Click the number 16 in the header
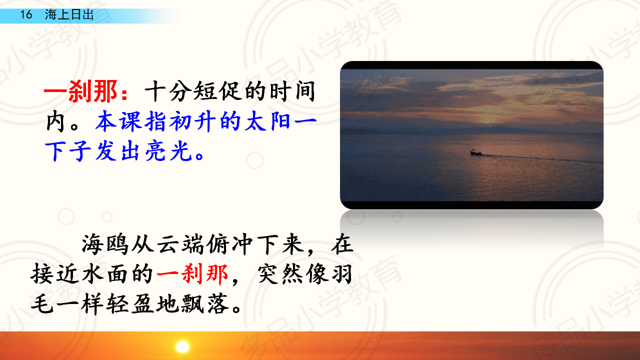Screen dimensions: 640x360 tap(26, 14)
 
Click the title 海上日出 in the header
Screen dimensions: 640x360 tap(69, 14)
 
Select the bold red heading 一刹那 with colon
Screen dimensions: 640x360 tap(86, 91)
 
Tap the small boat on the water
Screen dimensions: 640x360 tap(476, 152)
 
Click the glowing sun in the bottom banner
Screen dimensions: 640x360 tap(182, 346)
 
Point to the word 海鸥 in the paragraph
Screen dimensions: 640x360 tap(105, 244)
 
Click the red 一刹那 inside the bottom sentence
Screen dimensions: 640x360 tap(192, 274)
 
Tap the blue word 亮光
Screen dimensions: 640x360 tap(168, 151)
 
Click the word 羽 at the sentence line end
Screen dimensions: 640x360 tap(341, 274)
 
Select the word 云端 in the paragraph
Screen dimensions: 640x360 tap(179, 244)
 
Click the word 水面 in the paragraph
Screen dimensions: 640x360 tap(105, 274)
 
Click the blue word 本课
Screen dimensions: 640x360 tap(118, 121)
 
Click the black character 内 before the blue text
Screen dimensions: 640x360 tap(55, 121)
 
